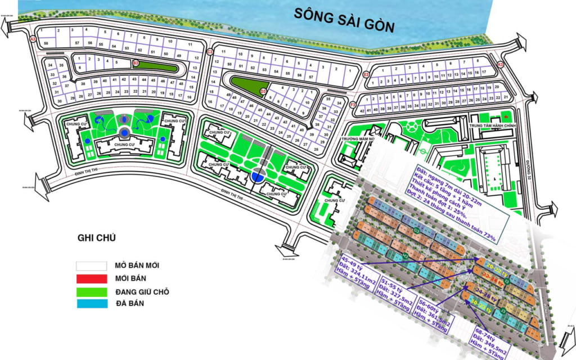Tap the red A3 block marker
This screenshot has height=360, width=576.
[33, 39]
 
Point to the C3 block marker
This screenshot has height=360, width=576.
[209, 52]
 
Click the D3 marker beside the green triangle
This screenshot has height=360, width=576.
[263, 91]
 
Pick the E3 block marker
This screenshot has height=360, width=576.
[366, 74]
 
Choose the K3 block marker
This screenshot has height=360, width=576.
[501, 65]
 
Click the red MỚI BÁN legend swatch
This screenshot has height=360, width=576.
[92, 278]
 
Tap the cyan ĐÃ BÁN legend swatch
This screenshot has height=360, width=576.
[92, 304]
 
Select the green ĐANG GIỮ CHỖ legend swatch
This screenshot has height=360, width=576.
[92, 291]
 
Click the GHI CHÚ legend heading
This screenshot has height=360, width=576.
[96, 238]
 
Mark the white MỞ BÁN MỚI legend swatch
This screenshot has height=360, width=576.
[92, 265]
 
